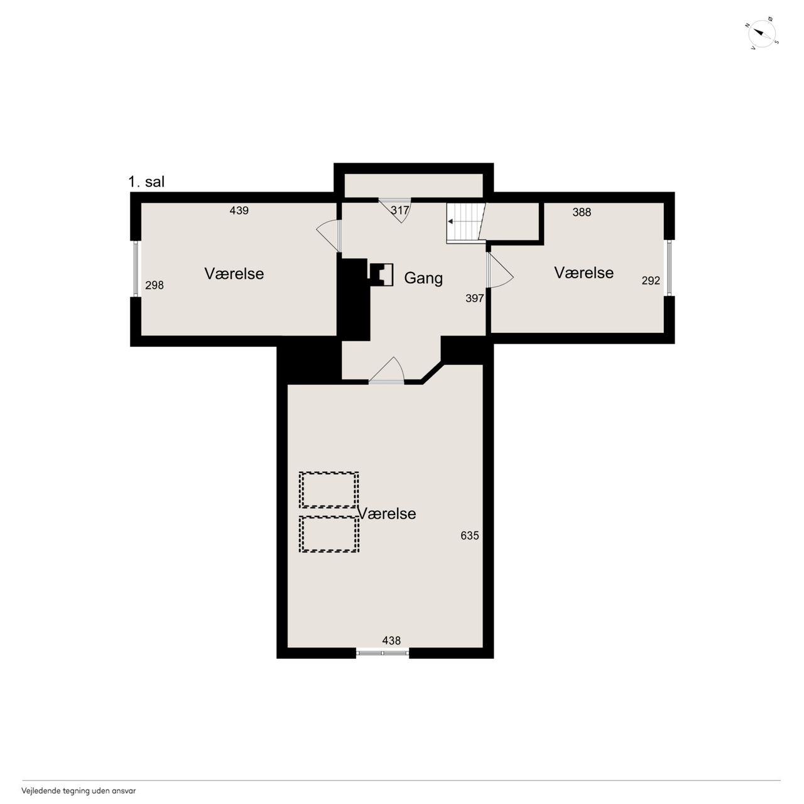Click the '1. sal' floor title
[x=146, y=182]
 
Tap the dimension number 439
[x=239, y=210]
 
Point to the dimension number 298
[x=155, y=285]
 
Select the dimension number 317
[x=399, y=210]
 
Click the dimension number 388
[x=582, y=212]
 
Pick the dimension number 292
[x=651, y=281]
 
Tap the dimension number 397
[x=475, y=298]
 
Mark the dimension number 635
[x=470, y=535]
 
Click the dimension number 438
[x=391, y=641]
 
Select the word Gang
[x=423, y=278]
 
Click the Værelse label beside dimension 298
[x=234, y=274]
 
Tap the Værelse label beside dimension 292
[x=584, y=273]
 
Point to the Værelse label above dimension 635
[x=387, y=514]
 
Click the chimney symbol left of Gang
[x=381, y=274]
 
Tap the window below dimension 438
[x=383, y=653]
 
